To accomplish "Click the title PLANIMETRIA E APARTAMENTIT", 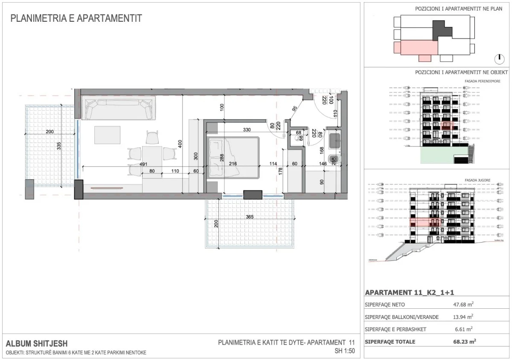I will pyautogui.click(x=76, y=19).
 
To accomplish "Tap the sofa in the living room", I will pyautogui.click(x=119, y=109).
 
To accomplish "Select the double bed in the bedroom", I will pyautogui.click(x=234, y=158).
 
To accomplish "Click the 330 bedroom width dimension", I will pyautogui.click(x=247, y=129).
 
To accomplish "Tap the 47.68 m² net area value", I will pyautogui.click(x=463, y=305).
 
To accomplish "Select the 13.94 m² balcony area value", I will pyautogui.click(x=463, y=317).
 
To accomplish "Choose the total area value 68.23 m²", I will pyautogui.click(x=464, y=342).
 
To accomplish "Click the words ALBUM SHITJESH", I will pyautogui.click(x=36, y=343).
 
